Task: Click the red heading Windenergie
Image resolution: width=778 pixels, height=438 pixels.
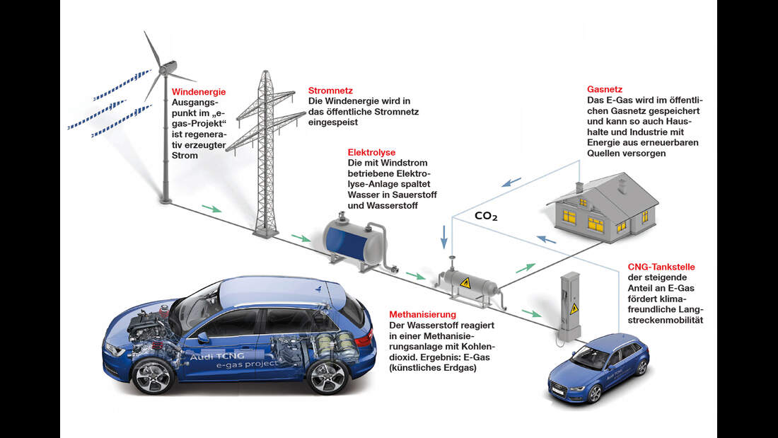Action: coord(199,92)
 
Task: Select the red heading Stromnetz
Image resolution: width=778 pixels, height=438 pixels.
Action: coord(330,91)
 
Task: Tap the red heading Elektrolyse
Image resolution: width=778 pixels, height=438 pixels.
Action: coord(371,152)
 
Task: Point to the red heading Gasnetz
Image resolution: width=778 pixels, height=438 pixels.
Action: coord(604,91)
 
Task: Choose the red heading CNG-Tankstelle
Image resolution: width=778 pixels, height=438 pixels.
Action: coord(661,267)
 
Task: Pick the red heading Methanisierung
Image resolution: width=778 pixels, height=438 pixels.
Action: coord(422,314)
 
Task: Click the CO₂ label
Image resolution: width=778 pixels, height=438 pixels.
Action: coord(486,217)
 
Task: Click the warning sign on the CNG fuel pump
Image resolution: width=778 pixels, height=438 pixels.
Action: coord(574,309)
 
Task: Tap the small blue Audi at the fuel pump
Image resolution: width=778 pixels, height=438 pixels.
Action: coord(598,369)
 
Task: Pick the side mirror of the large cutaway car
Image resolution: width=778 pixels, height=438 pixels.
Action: coord(203,338)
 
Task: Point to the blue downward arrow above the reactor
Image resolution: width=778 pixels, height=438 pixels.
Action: coord(444,237)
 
